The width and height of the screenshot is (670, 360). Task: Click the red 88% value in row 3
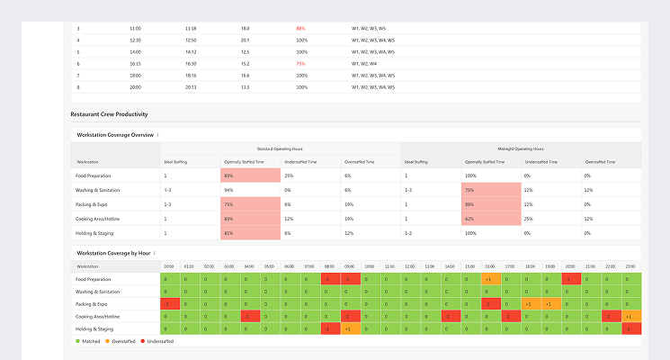pos(300,28)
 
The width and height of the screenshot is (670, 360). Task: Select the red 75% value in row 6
pos(300,64)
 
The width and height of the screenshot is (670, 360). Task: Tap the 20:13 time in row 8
pos(192,87)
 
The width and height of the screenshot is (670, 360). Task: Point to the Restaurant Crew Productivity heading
pos(109,114)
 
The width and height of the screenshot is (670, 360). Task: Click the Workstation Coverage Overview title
pos(116,135)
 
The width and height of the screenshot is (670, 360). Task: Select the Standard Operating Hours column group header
pos(281,148)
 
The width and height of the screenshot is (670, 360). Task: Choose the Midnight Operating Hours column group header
pos(522,148)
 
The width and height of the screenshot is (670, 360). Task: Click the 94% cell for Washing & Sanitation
pos(228,190)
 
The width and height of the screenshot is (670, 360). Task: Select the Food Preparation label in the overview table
pos(94,175)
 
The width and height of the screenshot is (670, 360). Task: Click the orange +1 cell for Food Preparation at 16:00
pos(487,280)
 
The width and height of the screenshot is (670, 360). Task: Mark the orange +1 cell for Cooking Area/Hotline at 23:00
pos(630,317)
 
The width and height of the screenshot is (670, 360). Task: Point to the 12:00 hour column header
pos(409,266)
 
